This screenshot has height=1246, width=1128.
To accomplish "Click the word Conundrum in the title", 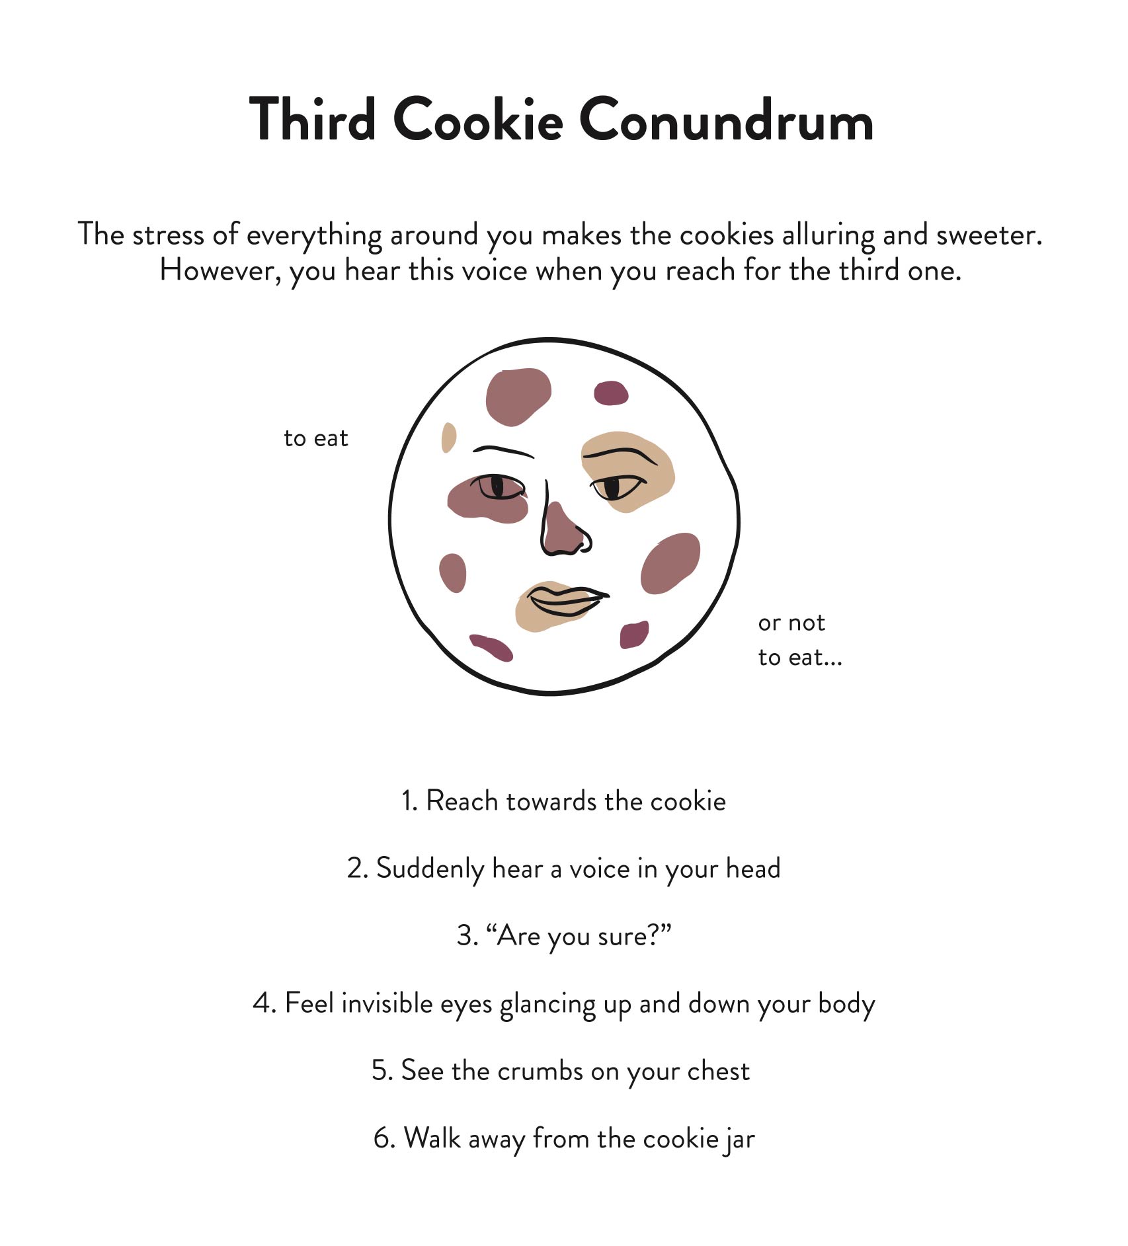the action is tap(726, 121).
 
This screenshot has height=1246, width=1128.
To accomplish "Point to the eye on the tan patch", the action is tap(616, 488).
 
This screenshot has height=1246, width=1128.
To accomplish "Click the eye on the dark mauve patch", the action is tap(499, 487).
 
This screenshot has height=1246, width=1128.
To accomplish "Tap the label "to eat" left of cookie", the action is tap(315, 438).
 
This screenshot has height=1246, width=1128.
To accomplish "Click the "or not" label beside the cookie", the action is tap(791, 623).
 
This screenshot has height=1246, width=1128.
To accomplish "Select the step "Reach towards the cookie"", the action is tap(563, 801).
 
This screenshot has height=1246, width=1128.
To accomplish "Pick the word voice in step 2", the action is tap(600, 869).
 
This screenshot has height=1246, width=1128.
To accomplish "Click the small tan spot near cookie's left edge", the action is tap(448, 437).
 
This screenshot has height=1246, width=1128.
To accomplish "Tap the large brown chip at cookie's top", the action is tap(518, 396).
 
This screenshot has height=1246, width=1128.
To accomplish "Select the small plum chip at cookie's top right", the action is tap(611, 393).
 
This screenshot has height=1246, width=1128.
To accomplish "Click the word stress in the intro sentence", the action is tap(168, 235).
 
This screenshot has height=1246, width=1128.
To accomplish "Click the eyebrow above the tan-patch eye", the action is tap(620, 455).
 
